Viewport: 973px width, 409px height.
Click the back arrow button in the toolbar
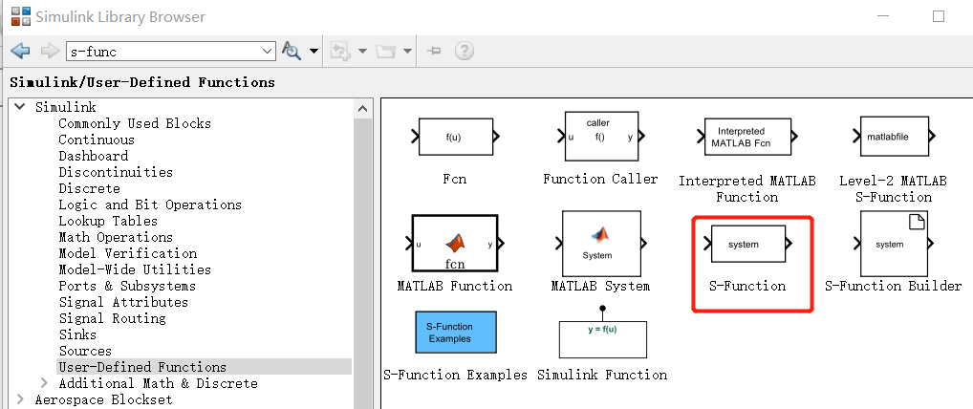point(20,51)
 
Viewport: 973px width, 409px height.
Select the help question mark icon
point(465,51)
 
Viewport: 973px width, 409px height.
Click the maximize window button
point(939,17)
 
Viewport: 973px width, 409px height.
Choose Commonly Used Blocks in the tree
point(135,123)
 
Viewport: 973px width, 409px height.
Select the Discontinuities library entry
point(116,172)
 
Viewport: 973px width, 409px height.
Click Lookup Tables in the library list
point(108,221)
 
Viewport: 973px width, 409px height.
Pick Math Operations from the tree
point(116,237)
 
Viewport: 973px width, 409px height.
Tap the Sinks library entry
point(77,334)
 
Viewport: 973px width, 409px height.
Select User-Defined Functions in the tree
point(142,367)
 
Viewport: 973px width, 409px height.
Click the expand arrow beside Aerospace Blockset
point(20,399)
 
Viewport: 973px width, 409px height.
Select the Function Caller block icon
point(600,137)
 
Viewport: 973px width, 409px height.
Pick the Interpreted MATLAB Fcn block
point(747,137)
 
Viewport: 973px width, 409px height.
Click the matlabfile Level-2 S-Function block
point(894,137)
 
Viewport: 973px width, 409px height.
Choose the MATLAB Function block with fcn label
point(455,244)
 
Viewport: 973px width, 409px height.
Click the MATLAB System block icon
point(601,244)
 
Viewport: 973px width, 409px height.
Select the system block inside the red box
point(748,244)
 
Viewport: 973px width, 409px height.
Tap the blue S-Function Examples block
point(456,333)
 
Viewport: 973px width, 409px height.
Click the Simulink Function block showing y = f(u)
point(602,339)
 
